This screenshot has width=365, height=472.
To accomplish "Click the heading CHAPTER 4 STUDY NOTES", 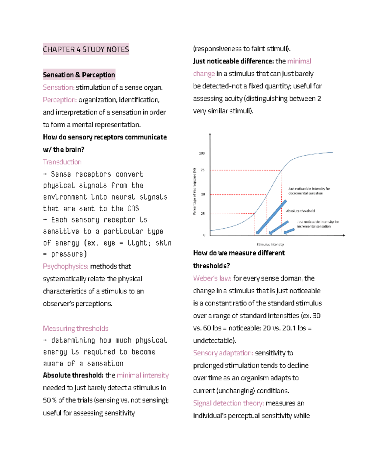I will click(x=86, y=49).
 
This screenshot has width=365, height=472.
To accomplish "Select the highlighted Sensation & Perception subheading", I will click(x=79, y=75).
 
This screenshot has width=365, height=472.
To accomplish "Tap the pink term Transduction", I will click(x=62, y=162).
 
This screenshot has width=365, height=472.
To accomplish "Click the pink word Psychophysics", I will click(x=65, y=266).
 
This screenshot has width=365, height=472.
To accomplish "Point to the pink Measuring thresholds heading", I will click(x=75, y=329).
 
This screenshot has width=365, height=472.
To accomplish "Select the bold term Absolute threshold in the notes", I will click(x=73, y=375).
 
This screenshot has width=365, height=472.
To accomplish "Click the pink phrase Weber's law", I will click(x=212, y=278).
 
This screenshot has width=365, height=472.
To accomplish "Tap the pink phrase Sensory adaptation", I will click(x=223, y=353).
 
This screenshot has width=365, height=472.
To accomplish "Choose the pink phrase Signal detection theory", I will click(x=228, y=403).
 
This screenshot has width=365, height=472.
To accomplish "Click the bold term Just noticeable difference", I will click(x=233, y=61).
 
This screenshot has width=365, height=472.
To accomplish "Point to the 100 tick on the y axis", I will click(x=202, y=153).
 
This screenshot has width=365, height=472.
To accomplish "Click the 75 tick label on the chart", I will click(x=203, y=170).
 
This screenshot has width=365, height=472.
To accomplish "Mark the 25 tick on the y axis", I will click(x=203, y=214).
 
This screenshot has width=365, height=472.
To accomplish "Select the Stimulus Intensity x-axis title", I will click(x=270, y=244).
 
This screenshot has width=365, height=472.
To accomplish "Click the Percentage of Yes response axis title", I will click(x=195, y=191).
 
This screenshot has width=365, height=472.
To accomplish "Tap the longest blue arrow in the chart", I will click(x=272, y=217).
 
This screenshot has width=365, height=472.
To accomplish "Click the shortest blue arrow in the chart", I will click(x=289, y=231).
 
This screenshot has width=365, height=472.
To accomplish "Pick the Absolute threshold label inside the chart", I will click(x=300, y=211).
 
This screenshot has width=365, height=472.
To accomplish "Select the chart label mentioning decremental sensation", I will click(x=309, y=191).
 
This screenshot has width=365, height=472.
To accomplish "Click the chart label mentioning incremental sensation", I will click(x=318, y=224).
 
